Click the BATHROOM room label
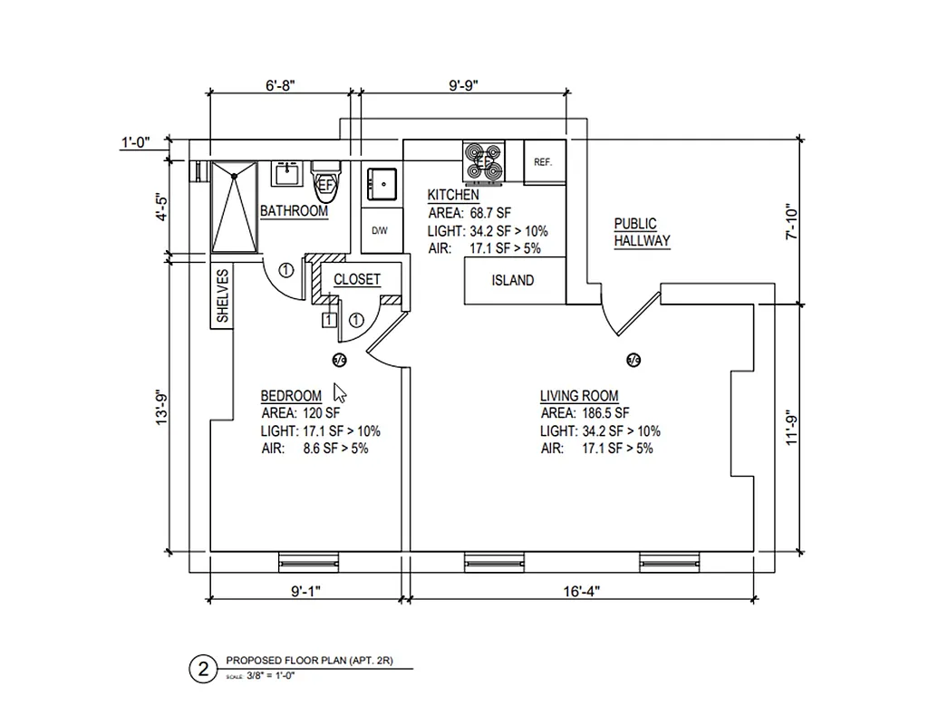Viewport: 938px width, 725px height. [294, 211]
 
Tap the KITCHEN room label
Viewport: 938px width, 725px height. [453, 195]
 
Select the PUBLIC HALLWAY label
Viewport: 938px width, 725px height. [642, 232]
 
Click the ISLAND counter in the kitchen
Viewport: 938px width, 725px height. [514, 281]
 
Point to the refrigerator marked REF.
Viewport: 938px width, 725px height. [544, 162]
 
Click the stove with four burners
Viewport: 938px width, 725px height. [484, 162]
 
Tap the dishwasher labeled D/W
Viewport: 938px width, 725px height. [380, 231]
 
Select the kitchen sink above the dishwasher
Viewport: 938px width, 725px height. [380, 184]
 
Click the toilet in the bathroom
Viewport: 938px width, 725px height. [326, 180]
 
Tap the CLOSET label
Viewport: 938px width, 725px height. [357, 280]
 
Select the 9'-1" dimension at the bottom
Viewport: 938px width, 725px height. [305, 590]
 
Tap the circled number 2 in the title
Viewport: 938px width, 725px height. [202, 669]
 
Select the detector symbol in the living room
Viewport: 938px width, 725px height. [633, 360]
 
